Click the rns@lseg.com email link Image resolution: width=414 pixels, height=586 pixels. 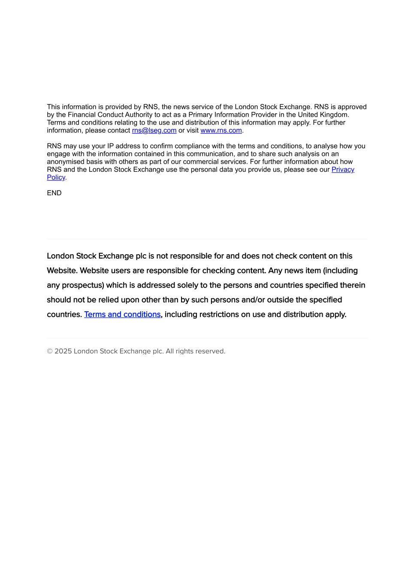point(154,131)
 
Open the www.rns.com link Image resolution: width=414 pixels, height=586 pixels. point(221,131)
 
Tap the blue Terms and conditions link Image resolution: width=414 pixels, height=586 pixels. point(122,315)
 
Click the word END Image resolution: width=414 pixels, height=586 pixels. point(54,193)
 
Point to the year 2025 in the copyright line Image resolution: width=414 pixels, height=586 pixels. point(63,351)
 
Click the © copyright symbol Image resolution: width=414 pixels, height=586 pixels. point(50,351)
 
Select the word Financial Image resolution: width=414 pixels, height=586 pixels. point(82,115)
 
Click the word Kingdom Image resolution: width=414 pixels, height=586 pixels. point(334,115)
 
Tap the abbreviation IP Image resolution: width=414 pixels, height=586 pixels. point(111,146)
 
